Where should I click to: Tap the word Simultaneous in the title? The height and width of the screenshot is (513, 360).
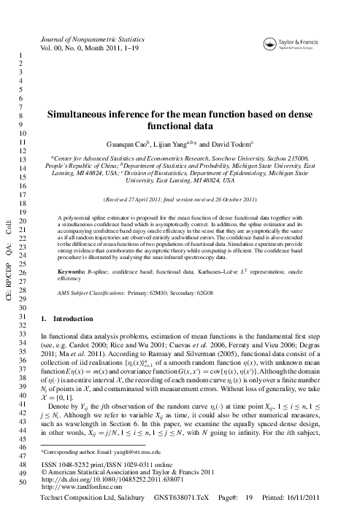[81, 115]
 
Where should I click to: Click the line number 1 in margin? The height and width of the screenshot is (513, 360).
[24, 54]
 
